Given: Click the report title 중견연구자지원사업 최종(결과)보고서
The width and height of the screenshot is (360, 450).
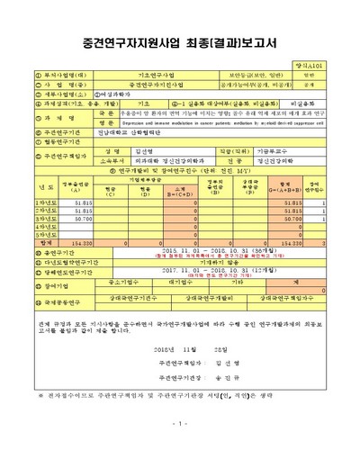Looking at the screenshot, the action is coord(180,41).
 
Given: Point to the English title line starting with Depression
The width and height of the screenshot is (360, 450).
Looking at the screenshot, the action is coord(216,124).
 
